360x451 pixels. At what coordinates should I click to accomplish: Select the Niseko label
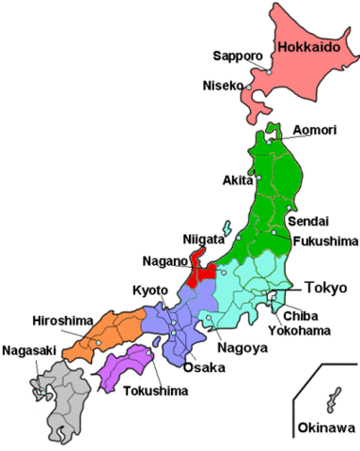tap(222, 86)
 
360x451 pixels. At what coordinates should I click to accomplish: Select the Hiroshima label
tap(60, 319)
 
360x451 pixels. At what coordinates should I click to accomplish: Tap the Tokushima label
tap(152, 387)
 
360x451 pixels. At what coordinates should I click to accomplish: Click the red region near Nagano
tap(199, 272)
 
